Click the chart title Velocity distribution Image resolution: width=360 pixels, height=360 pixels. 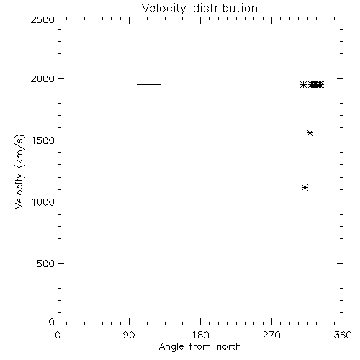point(199,8)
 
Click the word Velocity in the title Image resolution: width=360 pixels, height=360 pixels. point(163,9)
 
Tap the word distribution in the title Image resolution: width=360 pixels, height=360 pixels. point(225,8)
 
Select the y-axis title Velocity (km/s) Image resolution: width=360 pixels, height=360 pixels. point(19,171)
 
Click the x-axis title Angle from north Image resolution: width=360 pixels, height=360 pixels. point(199,346)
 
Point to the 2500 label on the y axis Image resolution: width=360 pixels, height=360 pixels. point(42,19)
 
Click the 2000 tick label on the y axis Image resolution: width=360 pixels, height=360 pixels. point(42,78)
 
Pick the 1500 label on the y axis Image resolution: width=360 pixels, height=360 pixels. point(43,140)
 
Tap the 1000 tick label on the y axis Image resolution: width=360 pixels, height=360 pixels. point(43,202)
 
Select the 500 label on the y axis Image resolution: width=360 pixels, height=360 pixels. point(46,264)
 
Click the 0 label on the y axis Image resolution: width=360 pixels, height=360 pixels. point(52,322)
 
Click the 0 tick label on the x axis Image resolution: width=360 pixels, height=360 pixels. point(58,335)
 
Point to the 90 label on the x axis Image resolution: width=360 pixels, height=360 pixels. point(129,335)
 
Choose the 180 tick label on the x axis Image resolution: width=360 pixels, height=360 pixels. point(200,335)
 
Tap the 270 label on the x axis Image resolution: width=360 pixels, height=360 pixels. point(271,335)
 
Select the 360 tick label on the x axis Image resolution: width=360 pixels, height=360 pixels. point(343,335)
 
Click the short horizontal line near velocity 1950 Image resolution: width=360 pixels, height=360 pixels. point(149,84)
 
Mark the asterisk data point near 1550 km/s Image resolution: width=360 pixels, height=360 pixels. point(310,133)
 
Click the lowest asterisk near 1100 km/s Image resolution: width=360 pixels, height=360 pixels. point(305,188)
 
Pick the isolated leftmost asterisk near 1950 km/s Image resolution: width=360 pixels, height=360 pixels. point(303,85)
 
